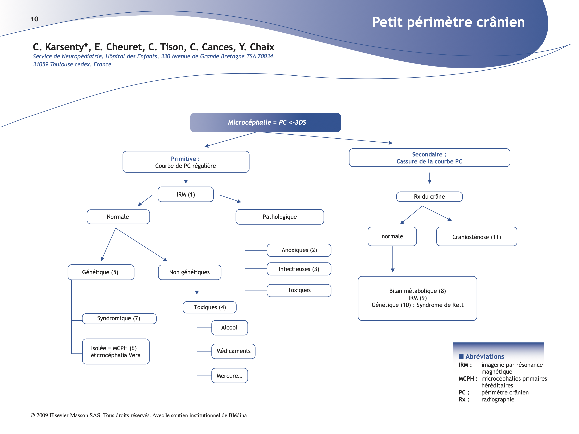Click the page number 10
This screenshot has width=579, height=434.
34,19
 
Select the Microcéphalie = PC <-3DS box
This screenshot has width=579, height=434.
265,122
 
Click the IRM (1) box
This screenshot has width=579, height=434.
186,194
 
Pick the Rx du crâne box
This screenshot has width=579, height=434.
429,197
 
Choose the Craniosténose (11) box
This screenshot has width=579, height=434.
476,237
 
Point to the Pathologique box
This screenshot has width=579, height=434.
280,217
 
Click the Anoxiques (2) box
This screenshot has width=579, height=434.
299,250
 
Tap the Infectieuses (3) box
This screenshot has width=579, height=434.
299,269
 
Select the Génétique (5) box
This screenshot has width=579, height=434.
100,272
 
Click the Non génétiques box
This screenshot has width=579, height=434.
189,272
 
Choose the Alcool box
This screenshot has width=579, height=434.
229,328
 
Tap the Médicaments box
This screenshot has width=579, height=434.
233,351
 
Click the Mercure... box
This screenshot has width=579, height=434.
229,376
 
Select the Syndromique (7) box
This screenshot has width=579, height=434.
119,318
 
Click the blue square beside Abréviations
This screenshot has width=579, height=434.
461,356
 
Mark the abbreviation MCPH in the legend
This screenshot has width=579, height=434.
466,379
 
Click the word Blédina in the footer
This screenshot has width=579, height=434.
237,415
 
